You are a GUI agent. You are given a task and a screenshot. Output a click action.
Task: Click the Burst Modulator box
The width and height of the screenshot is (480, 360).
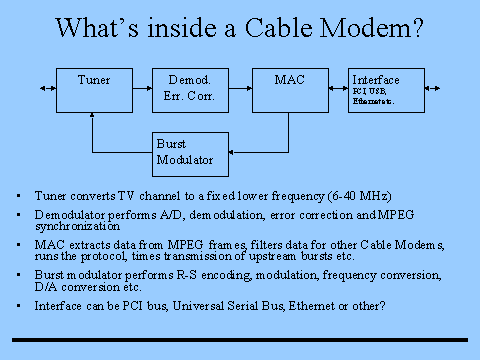click(190, 151)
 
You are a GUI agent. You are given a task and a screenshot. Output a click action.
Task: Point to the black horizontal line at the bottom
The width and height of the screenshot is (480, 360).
click(240, 340)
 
